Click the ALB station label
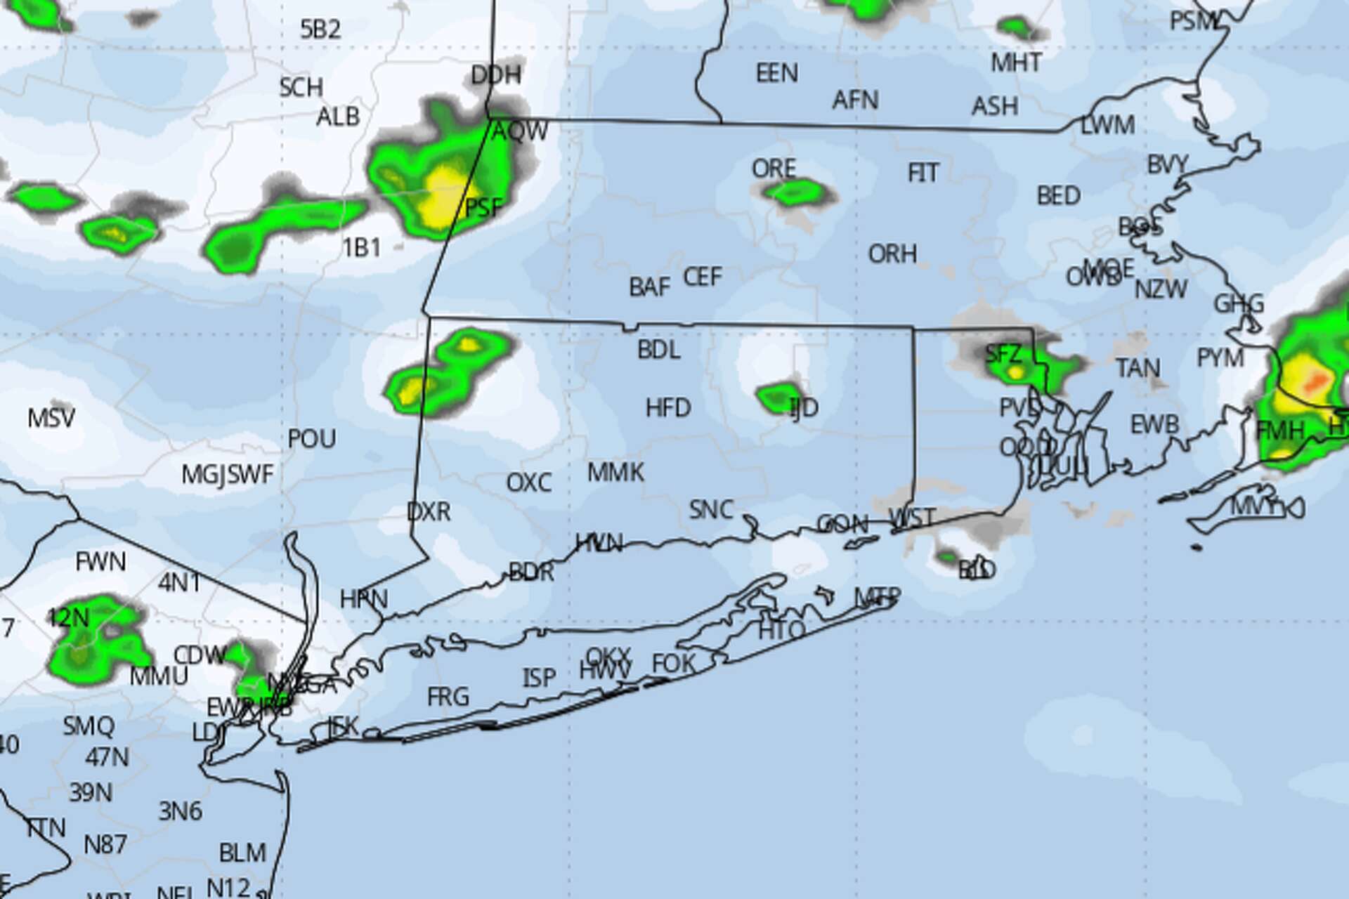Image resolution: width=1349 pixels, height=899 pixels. pyautogui.click(x=338, y=117)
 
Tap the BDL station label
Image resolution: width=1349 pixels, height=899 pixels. pyautogui.click(x=658, y=350)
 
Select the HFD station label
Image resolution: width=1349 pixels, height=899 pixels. pyautogui.click(x=668, y=407)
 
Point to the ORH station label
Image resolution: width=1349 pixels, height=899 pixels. pyautogui.click(x=892, y=254)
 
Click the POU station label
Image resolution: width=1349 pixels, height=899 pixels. pyautogui.click(x=312, y=439)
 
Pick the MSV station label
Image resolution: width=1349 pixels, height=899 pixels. pyautogui.click(x=51, y=419)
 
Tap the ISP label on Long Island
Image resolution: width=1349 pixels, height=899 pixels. pyautogui.click(x=539, y=678)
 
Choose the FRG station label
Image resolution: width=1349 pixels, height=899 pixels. pyautogui.click(x=448, y=697)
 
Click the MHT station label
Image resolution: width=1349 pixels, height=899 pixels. pyautogui.click(x=1016, y=63)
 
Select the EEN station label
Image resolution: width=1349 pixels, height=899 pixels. pyautogui.click(x=776, y=73)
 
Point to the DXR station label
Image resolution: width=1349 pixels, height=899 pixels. pyautogui.click(x=429, y=511)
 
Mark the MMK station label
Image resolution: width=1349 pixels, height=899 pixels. pyautogui.click(x=615, y=473)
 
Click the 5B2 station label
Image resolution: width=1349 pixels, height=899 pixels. pyautogui.click(x=320, y=29)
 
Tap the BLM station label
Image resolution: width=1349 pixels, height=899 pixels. pyautogui.click(x=242, y=853)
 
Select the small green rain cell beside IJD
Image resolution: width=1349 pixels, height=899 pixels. pyautogui.click(x=777, y=397)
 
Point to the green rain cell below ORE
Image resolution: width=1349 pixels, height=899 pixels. pyautogui.click(x=794, y=191)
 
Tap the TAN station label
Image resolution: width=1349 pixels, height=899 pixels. pyautogui.click(x=1138, y=368)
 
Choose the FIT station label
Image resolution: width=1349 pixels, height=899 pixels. pyautogui.click(x=923, y=173)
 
